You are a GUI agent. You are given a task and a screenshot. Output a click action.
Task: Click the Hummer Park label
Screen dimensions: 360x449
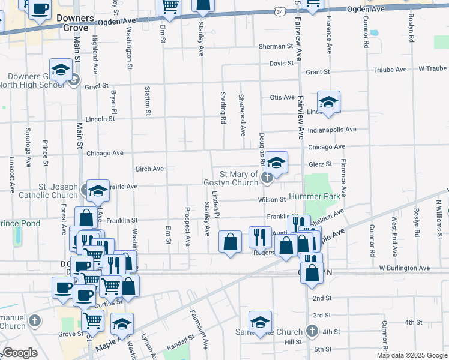click(x=313, y=197)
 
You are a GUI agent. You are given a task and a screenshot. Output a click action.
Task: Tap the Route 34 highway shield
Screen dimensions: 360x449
click(x=280, y=11)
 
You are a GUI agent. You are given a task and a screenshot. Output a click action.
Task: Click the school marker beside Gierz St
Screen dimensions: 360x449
click(x=277, y=162)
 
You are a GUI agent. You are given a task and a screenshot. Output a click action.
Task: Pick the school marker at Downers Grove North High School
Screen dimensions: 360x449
click(x=61, y=70)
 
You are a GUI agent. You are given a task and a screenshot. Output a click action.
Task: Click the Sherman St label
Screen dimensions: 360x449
click(x=276, y=46)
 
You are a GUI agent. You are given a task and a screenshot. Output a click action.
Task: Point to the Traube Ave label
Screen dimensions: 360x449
click(x=390, y=69)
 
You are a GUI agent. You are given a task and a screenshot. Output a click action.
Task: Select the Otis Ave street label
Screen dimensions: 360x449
click(x=282, y=97)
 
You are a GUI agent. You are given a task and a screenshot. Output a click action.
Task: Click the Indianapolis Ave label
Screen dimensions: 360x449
click(x=331, y=130)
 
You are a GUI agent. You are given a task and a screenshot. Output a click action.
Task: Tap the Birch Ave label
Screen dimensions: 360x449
click(x=150, y=169)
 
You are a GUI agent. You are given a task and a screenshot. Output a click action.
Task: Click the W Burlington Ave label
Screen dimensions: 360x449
click(x=404, y=268)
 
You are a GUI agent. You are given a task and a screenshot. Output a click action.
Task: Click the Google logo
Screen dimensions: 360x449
click(x=20, y=353)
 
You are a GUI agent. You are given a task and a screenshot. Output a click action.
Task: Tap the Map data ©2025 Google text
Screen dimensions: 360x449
click(x=411, y=355)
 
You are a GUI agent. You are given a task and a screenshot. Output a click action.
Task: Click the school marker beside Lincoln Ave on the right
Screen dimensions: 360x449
click(x=329, y=102)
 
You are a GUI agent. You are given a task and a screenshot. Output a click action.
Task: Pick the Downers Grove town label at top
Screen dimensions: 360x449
click(x=75, y=23)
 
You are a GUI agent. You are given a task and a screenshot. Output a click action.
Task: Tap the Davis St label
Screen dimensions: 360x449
click(x=281, y=63)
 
